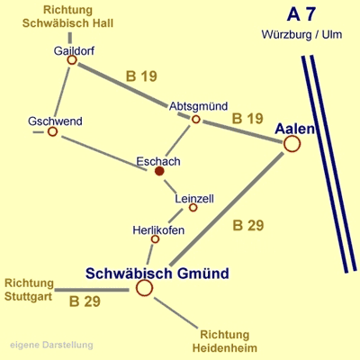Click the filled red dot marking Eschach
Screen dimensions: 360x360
point(159,171)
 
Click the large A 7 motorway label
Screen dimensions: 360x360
point(301,14)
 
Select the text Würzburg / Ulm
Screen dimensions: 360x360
point(301,34)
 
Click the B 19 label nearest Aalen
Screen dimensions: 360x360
point(247,119)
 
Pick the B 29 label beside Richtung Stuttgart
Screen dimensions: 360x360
point(85,301)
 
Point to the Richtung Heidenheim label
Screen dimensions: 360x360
point(225,341)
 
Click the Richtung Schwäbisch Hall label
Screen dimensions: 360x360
point(67,16)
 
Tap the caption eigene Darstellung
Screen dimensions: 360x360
point(51,345)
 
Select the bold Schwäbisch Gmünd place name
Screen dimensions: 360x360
point(157,274)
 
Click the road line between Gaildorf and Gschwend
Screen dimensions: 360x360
point(62,92)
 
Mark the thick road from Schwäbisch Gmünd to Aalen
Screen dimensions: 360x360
point(227,209)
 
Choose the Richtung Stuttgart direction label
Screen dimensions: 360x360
point(29,290)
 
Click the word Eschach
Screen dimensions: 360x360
point(158,161)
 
